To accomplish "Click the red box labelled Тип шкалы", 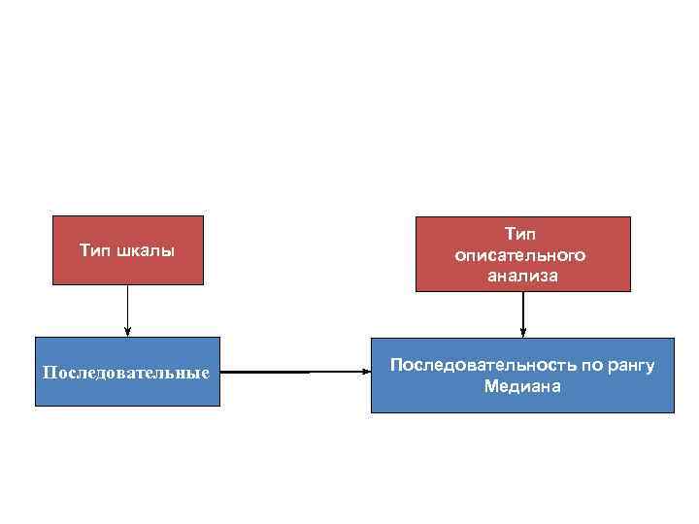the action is tap(127, 250).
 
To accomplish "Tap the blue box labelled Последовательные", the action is tap(127, 372).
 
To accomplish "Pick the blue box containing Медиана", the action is tap(522, 376).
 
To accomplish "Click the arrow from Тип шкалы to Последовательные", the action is tap(127, 311).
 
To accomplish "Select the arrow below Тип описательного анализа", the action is tap(522, 313).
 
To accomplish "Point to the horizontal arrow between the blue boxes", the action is tap(291, 372).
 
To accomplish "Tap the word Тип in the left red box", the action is tap(95, 251).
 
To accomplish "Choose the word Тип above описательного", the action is tap(520, 234).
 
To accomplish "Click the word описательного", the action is tap(521, 255).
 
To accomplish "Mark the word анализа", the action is tap(522, 277).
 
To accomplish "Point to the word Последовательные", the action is tap(127, 373).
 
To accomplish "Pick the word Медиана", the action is tap(522, 386).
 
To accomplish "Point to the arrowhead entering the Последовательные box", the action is tap(127, 332).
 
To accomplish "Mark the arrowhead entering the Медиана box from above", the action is tap(522, 333).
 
